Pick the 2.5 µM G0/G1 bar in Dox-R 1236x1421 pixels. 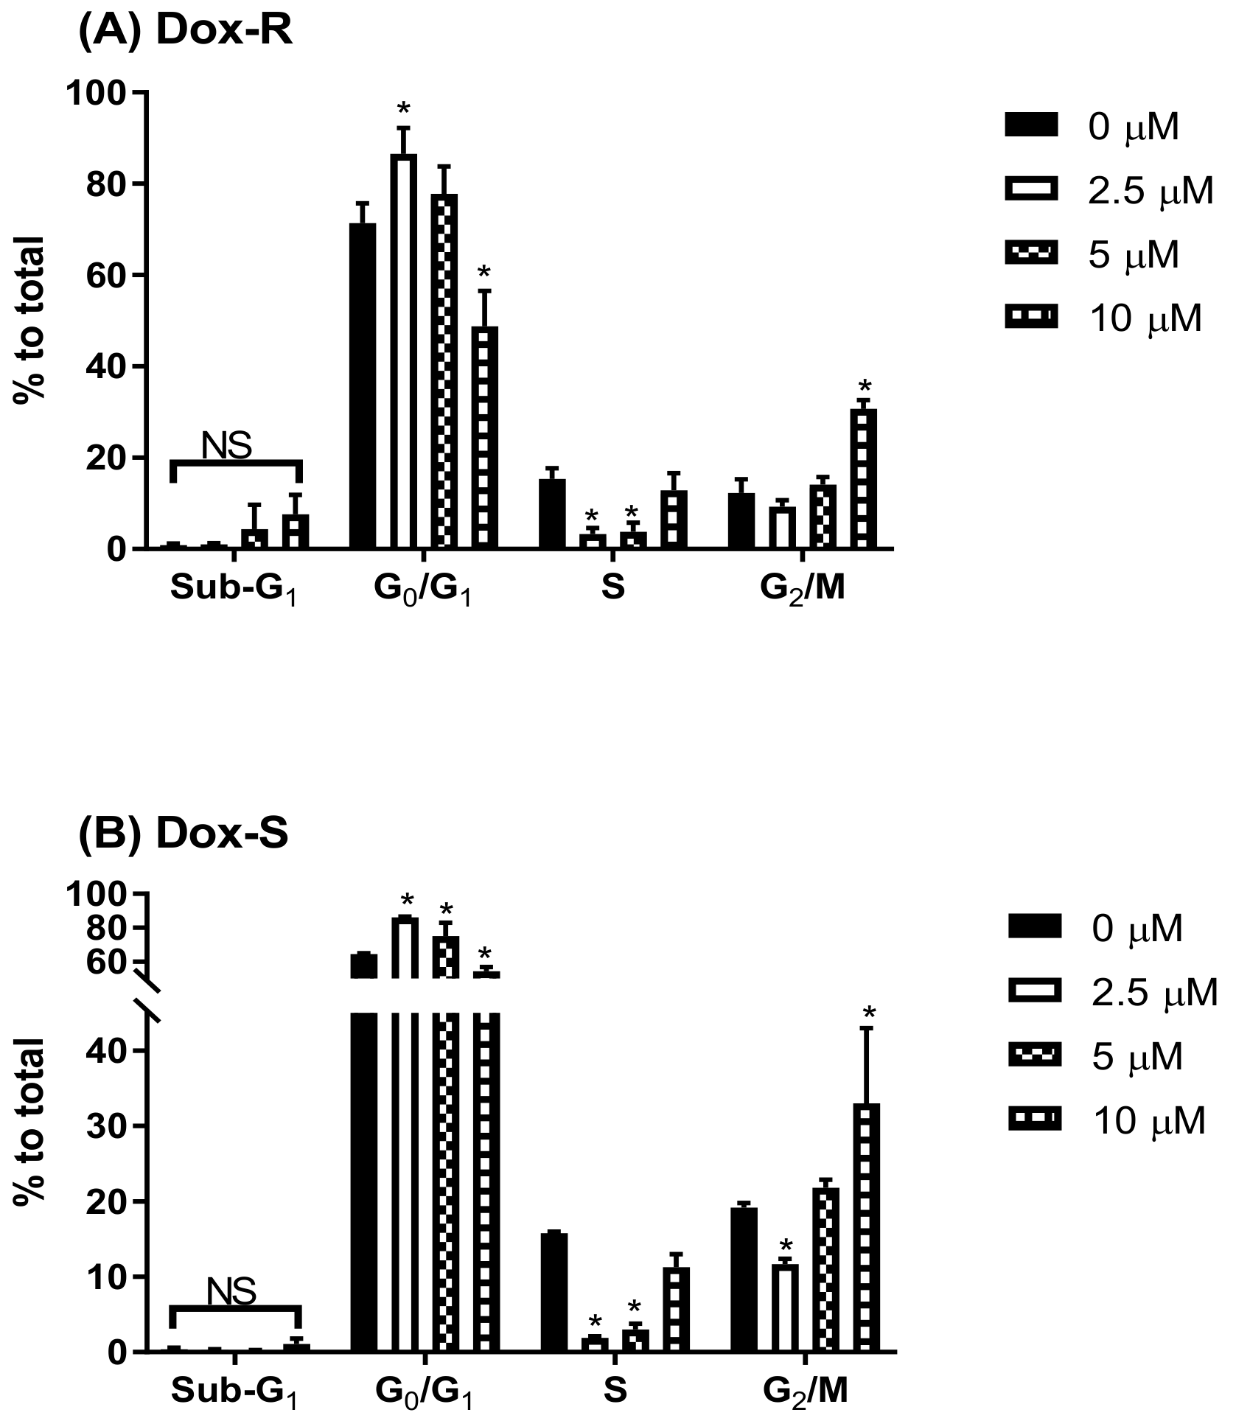click(x=403, y=352)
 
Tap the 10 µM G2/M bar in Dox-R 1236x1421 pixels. click(x=864, y=479)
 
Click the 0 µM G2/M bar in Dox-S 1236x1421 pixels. click(x=744, y=1280)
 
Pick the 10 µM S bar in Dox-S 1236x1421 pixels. click(x=676, y=1310)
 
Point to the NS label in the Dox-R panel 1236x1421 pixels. click(x=226, y=446)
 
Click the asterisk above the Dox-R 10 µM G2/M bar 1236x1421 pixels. click(x=865, y=387)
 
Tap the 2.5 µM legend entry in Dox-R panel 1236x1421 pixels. click(x=1109, y=191)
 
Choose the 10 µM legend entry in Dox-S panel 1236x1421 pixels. click(x=1109, y=1121)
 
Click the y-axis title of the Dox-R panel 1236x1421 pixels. click(x=29, y=318)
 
